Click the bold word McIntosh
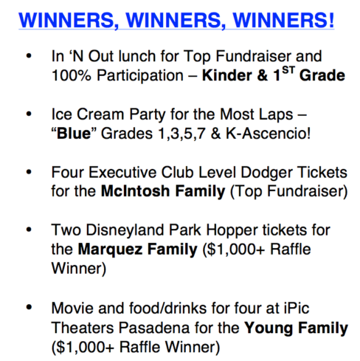(135, 191)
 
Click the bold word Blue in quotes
(74, 134)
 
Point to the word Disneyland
(125, 230)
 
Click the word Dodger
(266, 173)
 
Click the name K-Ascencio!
(268, 134)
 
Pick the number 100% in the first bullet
(72, 75)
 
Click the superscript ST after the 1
(288, 70)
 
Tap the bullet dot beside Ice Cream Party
(29, 114)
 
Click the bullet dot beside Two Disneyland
(29, 230)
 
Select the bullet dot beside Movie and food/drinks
(29, 308)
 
